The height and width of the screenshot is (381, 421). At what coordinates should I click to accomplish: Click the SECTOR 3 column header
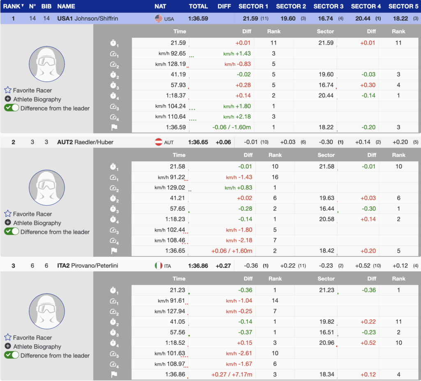[328, 6]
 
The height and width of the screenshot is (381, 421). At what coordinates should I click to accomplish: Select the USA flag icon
[159, 19]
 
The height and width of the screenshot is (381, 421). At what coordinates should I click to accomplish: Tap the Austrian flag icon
[159, 142]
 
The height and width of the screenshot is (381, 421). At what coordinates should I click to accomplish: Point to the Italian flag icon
[159, 266]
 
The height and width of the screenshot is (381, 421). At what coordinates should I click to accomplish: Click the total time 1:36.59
[198, 19]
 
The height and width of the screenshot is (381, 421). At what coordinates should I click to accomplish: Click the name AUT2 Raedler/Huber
[85, 142]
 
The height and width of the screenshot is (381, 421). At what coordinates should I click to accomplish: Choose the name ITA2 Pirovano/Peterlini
[88, 266]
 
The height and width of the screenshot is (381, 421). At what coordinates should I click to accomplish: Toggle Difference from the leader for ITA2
[12, 355]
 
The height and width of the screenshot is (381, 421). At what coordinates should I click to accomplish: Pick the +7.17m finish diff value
[242, 374]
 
